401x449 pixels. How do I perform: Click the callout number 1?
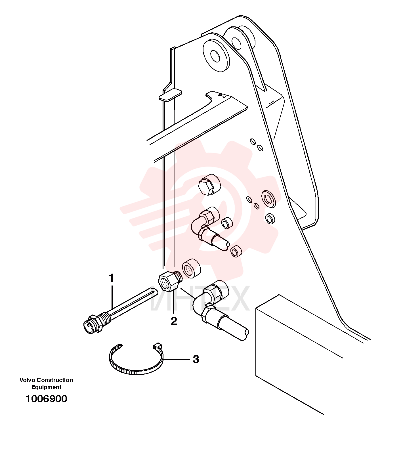112,278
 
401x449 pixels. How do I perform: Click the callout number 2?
174,321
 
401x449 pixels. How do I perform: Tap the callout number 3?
196,359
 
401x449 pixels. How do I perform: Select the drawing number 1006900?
47,399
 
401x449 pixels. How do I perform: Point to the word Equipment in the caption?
46,387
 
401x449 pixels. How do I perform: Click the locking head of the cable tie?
157,346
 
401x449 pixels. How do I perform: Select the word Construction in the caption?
55,380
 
